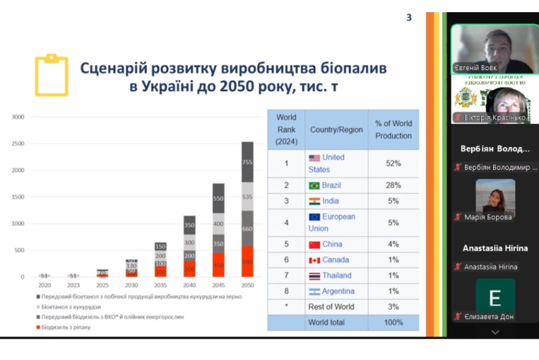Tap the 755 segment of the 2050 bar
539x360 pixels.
[247, 162]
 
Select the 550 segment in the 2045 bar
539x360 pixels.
[218, 199]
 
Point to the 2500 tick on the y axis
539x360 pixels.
[18, 144]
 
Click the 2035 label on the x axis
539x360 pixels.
[160, 286]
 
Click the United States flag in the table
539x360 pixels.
[314, 158]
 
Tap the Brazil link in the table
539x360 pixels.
[331, 185]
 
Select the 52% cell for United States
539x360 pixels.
[393, 163]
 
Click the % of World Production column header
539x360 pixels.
[393, 129]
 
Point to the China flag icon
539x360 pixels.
[314, 244]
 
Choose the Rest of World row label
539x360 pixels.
[331, 307]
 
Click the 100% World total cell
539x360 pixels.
[393, 322]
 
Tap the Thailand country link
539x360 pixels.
[336, 275]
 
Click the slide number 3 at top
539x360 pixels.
[409, 18]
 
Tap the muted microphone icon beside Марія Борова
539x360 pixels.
[457, 217]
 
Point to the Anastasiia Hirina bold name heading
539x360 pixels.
[495, 248]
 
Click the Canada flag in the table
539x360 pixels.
[314, 260]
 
